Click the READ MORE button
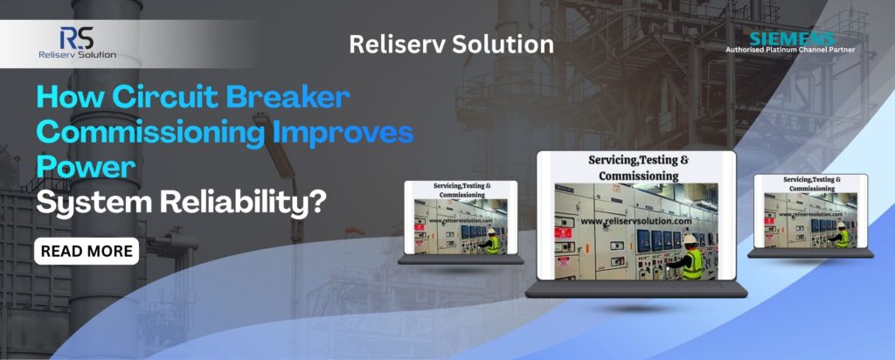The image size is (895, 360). [87, 252]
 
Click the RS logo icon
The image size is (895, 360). [76, 38]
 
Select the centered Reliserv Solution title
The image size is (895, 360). [451, 45]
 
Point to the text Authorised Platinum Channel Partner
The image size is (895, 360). [790, 51]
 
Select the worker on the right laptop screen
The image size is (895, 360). [842, 233]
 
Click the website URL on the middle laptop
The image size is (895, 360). [636, 221]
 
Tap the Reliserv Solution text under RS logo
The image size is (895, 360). [77, 54]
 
